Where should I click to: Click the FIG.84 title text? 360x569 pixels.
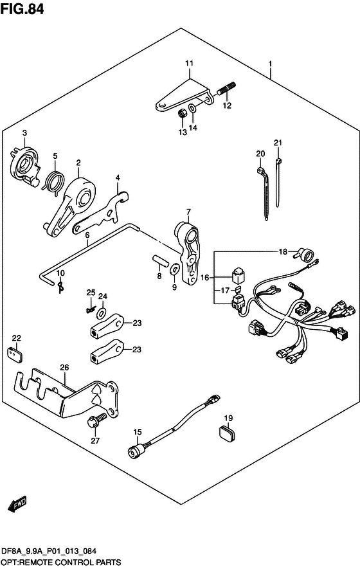[22, 9]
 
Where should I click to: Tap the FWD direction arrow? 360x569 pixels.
[17, 505]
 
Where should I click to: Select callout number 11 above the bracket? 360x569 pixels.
[189, 64]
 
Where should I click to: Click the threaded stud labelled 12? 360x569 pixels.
[227, 88]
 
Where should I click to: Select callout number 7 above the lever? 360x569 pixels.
[189, 212]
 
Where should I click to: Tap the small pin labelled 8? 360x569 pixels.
[159, 261]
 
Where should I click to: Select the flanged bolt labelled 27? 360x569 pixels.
[97, 420]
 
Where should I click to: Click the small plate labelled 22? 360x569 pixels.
[15, 354]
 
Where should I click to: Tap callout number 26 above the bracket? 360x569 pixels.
[64, 368]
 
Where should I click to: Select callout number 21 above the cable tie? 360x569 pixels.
[278, 143]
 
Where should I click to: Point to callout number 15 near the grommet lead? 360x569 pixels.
[138, 432]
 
